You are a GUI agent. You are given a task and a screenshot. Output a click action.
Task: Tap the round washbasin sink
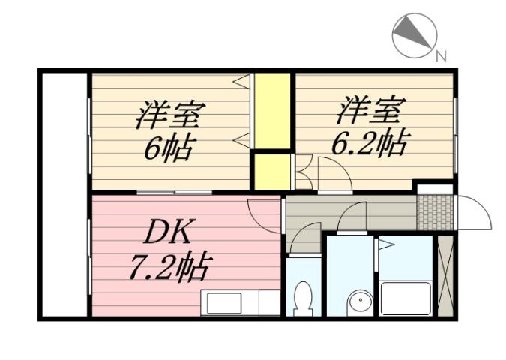[x=361, y=301]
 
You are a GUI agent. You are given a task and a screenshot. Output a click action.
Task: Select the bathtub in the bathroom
[x=405, y=297]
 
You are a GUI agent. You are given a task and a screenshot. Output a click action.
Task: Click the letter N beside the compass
[x=442, y=55]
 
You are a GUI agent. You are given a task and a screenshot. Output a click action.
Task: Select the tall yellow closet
[x=271, y=111]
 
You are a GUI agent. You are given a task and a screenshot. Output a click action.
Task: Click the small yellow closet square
[x=270, y=171]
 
